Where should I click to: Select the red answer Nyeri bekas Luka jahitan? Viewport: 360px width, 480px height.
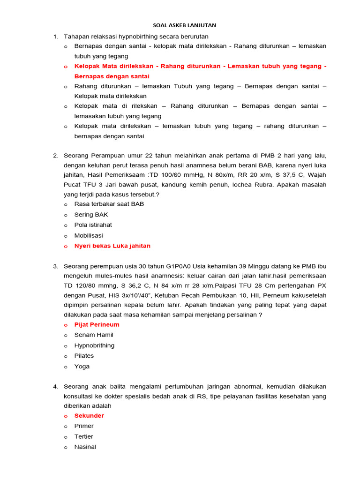[112, 246]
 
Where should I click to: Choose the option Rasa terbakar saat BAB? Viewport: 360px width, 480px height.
[109, 204]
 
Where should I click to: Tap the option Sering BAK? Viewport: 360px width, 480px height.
[91, 214]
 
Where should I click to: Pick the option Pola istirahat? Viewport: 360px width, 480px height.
[93, 225]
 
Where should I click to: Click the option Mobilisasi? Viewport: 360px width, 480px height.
[89, 235]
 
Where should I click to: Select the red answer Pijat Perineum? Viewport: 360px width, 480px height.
[97, 324]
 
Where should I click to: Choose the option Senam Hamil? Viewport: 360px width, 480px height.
[94, 335]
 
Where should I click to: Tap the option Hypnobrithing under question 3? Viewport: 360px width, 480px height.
[94, 345]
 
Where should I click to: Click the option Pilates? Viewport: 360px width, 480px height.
[84, 356]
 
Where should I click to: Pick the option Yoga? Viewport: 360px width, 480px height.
[82, 367]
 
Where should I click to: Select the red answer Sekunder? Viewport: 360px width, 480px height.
[89, 416]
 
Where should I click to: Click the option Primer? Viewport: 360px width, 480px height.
[84, 426]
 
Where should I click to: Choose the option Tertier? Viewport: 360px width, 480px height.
[84, 436]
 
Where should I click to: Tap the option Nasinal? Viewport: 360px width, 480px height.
[85, 447]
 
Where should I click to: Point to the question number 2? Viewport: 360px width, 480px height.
[55, 155]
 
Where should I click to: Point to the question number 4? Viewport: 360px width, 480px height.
[55, 387]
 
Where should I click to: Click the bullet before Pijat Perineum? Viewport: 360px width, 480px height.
[66, 325]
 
